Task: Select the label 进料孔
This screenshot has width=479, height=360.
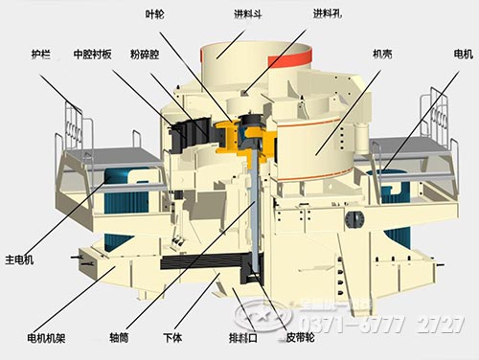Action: (325, 12)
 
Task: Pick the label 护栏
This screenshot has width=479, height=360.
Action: (42, 55)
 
